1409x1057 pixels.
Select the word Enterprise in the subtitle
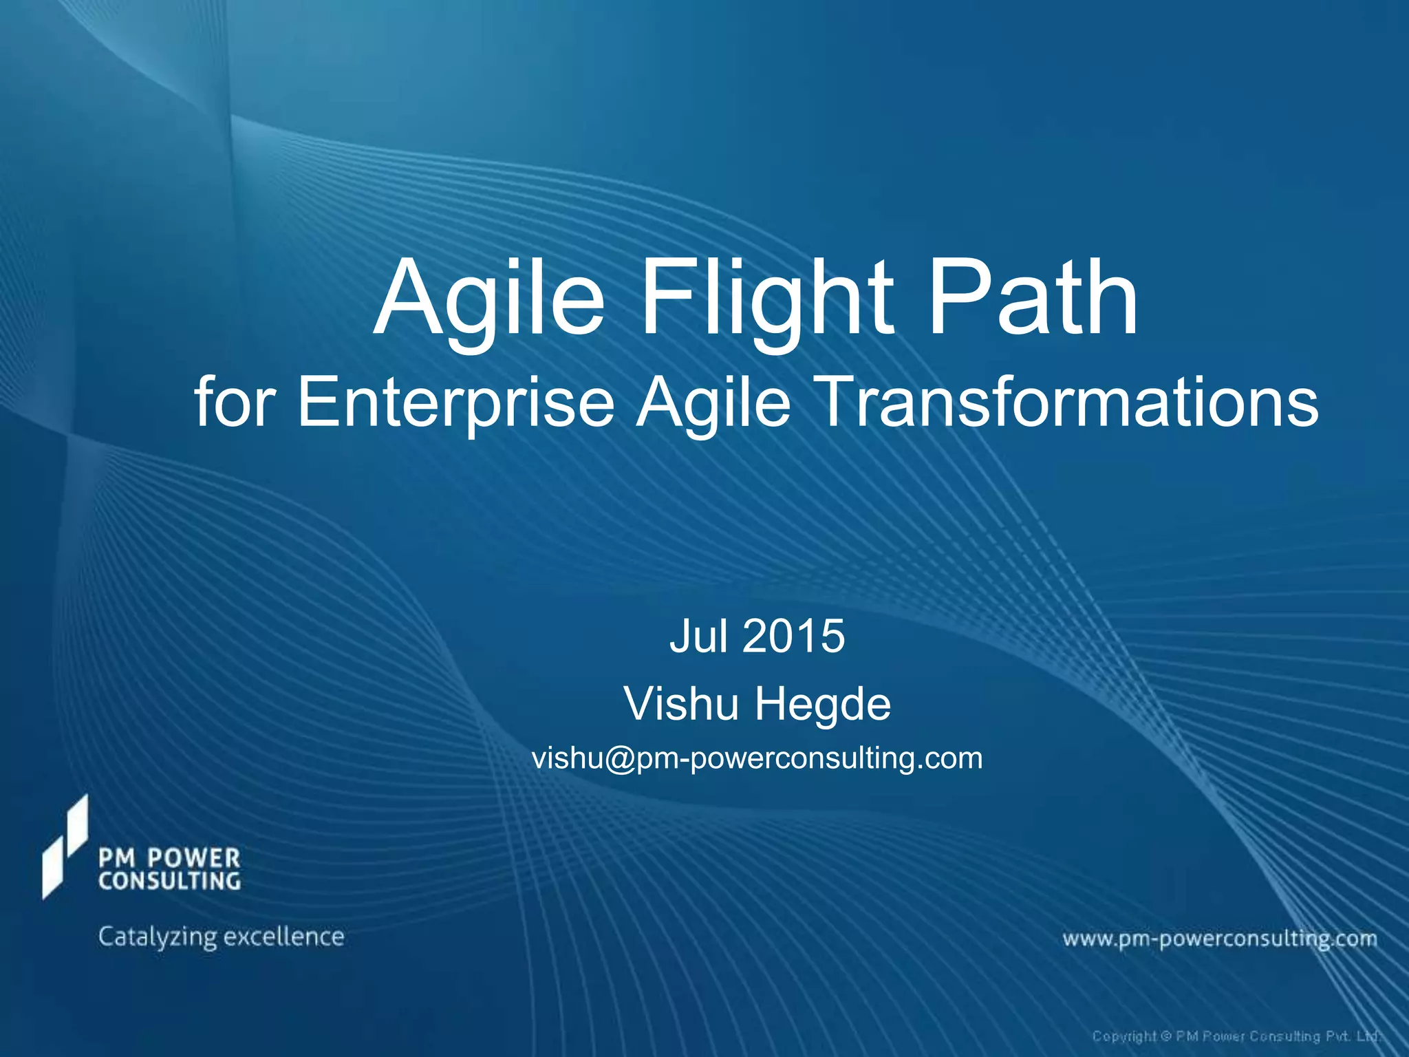[x=455, y=403]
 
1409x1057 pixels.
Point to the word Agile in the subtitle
[x=713, y=403]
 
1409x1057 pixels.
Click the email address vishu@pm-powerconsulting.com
[x=757, y=758]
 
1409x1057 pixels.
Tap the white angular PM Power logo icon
[x=65, y=846]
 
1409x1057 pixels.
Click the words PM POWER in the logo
[x=169, y=858]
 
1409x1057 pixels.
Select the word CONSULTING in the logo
[x=169, y=882]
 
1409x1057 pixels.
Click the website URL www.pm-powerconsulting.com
[x=1219, y=939]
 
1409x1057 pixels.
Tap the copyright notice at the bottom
[x=1236, y=1036]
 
